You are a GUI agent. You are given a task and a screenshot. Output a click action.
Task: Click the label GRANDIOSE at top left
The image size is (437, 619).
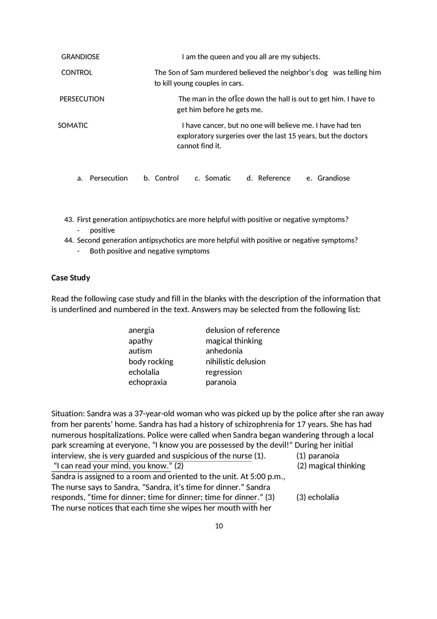tap(80, 57)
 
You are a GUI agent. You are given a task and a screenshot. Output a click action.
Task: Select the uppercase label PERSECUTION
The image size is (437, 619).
tap(82, 99)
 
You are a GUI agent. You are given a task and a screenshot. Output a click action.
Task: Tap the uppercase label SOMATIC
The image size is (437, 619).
tap(73, 126)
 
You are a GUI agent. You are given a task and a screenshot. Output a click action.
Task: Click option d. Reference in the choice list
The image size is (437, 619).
tap(269, 178)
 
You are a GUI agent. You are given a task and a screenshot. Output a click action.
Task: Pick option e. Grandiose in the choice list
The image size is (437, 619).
tap(328, 178)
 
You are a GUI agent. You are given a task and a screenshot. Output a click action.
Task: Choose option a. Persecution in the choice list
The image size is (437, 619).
tap(103, 178)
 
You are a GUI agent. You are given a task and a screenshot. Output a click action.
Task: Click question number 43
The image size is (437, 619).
tap(69, 219)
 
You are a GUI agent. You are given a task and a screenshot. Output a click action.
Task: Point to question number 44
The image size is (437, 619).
tap(69, 240)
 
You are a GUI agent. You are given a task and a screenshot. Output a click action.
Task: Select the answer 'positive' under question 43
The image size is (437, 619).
tap(102, 230)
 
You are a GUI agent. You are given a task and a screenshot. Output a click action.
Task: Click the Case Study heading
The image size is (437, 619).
tap(71, 278)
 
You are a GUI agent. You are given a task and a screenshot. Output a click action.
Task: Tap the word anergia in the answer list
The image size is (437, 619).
tap(142, 330)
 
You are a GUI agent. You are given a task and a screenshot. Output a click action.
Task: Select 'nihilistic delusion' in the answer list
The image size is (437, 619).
tap(235, 361)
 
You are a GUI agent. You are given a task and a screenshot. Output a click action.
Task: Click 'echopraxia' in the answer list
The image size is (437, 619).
tap(147, 382)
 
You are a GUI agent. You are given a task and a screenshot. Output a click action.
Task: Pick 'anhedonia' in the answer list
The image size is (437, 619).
tap(224, 351)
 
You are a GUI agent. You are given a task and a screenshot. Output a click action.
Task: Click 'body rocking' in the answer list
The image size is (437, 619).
tap(151, 361)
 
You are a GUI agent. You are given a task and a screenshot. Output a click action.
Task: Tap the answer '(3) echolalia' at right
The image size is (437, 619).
tap(318, 497)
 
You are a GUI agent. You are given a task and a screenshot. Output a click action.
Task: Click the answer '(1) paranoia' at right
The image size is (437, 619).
tap(318, 456)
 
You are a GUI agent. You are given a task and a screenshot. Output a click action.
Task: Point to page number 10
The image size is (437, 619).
tap(219, 526)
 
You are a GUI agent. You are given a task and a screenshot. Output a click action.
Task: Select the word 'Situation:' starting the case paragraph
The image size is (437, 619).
tap(68, 414)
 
